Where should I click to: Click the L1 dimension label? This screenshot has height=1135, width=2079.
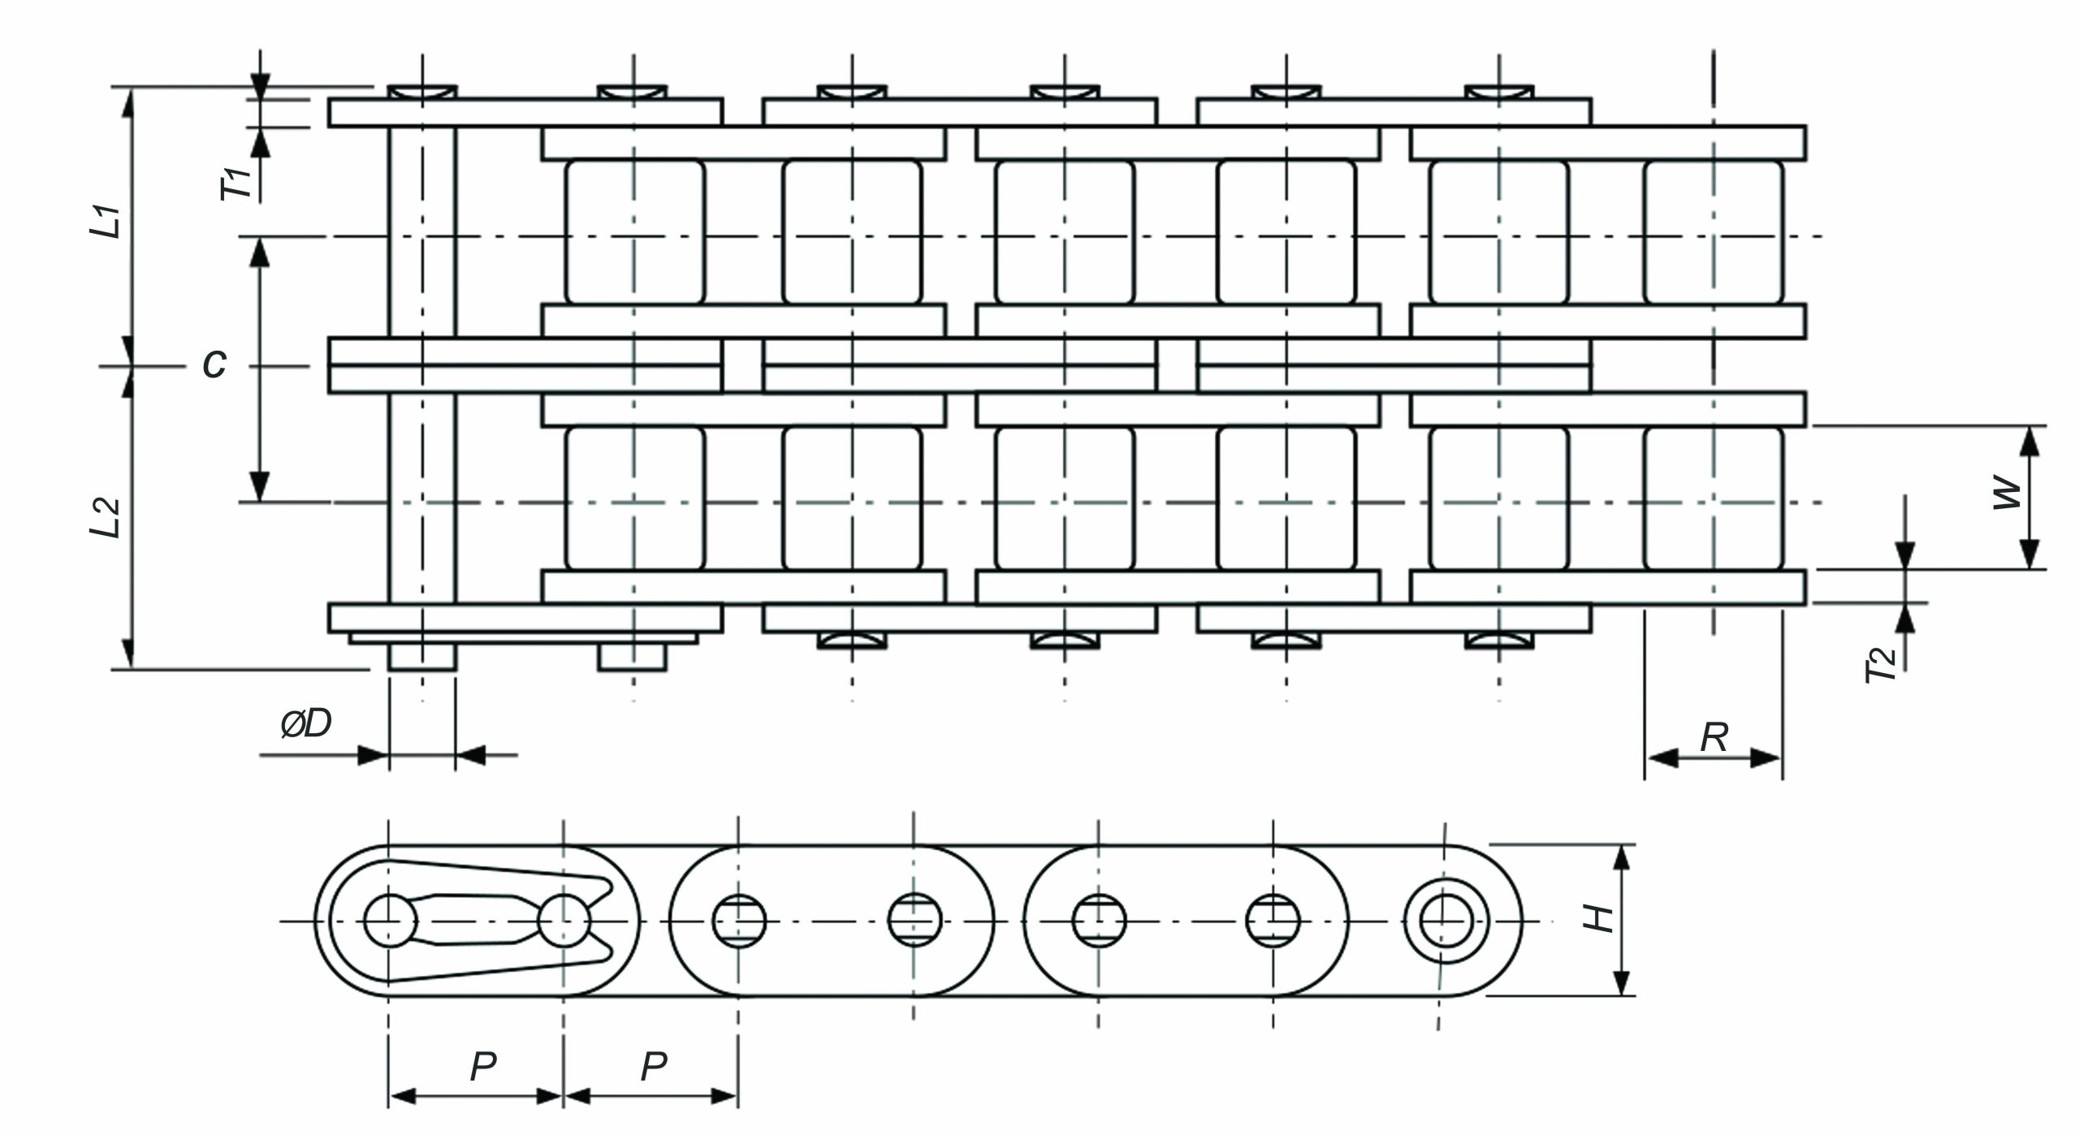point(106,222)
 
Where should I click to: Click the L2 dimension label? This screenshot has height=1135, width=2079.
point(106,517)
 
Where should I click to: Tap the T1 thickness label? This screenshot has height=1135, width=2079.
point(238,184)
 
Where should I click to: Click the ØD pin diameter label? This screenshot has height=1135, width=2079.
point(306,723)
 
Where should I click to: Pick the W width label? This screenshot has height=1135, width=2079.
point(2007,494)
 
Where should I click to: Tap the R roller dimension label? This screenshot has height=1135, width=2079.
point(1714,737)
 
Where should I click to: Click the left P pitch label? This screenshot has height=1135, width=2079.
point(483,1067)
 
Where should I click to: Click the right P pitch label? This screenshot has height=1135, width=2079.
point(654,1067)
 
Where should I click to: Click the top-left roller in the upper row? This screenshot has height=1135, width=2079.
point(635,232)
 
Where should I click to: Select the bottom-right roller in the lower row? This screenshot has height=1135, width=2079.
point(1714,498)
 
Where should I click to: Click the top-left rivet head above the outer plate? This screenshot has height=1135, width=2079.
point(422,92)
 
